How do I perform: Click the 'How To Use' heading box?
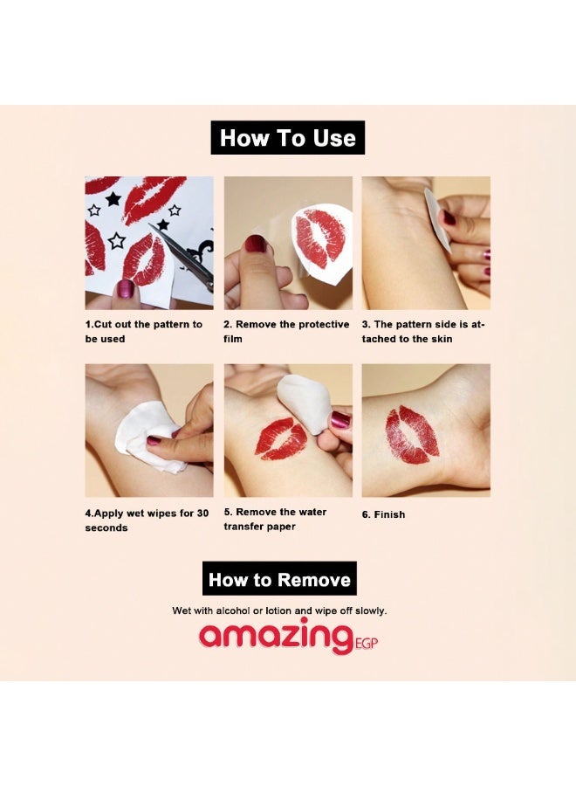287,137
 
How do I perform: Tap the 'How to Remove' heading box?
279,578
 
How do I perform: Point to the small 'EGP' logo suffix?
366,643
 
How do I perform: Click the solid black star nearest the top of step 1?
113,199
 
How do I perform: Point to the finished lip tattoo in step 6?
412,435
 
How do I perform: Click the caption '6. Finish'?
383,514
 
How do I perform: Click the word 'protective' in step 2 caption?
324,324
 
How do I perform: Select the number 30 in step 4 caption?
202,513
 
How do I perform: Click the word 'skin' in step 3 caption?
442,339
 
